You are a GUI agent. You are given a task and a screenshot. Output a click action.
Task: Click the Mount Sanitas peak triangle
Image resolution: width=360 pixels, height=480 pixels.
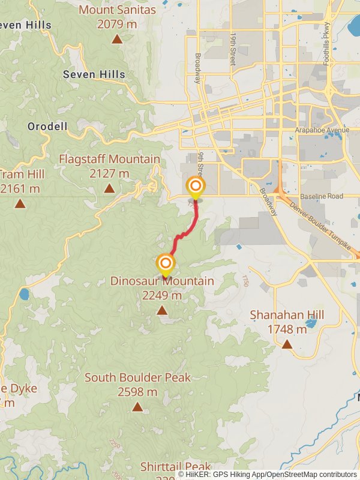[x=117, y=40]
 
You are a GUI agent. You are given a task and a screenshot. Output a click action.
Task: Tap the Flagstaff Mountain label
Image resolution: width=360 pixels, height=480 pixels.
[x=109, y=160]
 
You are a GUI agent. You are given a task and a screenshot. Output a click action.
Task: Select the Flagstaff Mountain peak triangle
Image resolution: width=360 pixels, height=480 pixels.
[x=109, y=188]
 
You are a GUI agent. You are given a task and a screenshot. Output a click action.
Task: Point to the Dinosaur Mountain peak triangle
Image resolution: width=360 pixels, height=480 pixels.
[x=161, y=310]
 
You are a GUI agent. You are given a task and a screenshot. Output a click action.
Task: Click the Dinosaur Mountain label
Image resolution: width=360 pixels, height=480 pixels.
[x=161, y=281]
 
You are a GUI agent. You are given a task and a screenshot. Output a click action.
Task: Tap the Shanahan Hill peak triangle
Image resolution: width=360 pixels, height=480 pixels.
[x=287, y=344]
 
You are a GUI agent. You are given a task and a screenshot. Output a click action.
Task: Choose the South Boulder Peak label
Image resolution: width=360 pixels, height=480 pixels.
[x=137, y=377]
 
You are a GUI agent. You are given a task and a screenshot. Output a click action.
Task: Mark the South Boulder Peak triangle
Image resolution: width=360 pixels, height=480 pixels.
[x=137, y=407]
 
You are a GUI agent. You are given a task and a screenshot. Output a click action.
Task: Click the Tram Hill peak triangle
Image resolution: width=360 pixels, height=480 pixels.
[x=20, y=203]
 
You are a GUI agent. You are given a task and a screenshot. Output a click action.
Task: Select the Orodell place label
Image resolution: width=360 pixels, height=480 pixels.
[x=47, y=127]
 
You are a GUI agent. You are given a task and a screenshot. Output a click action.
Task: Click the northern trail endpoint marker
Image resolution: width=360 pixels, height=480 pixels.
[x=195, y=186]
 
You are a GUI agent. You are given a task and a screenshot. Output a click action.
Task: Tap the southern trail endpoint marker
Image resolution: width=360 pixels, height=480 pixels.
[x=166, y=263]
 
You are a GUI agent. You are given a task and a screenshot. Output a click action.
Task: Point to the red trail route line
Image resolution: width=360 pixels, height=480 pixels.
[x=186, y=231]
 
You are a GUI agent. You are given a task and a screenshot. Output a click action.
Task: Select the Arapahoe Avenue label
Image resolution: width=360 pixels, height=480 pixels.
[x=322, y=130]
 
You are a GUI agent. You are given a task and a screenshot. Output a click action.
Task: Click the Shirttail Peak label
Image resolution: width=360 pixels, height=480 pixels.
[x=176, y=466]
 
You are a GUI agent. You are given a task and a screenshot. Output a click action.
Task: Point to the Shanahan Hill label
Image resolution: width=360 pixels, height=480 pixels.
[x=287, y=315]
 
